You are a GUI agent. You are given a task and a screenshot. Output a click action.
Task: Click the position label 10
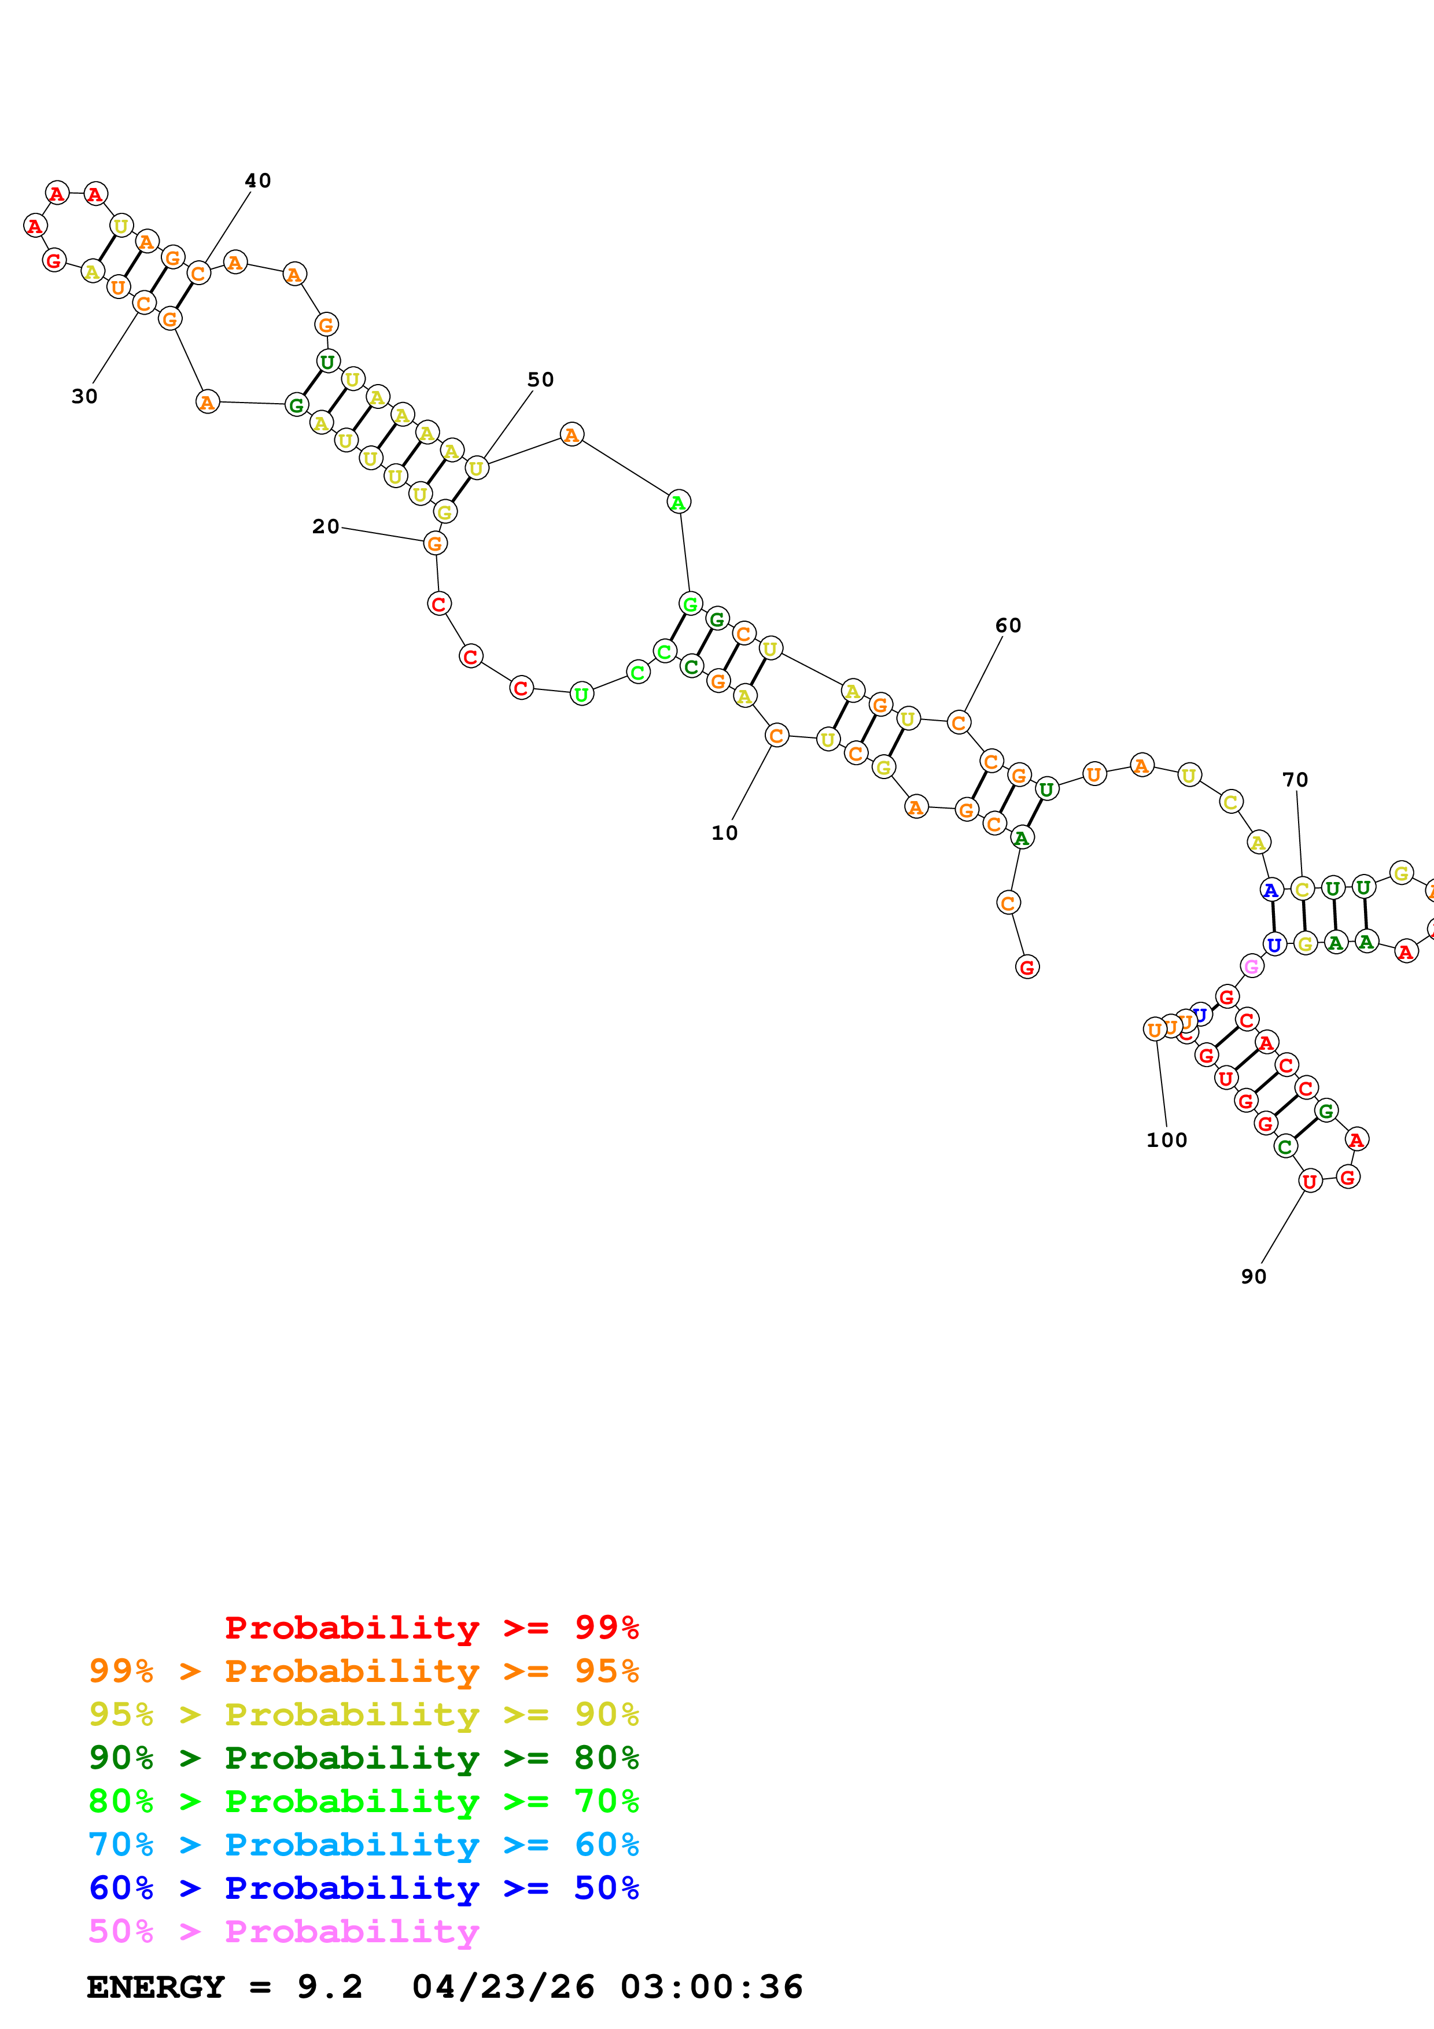(x=724, y=833)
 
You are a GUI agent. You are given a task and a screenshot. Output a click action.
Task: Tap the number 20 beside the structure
(x=325, y=527)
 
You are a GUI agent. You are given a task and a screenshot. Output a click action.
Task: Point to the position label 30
(x=84, y=397)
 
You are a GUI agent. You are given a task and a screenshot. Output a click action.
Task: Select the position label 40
(x=257, y=181)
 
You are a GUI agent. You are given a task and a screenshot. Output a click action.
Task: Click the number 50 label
(x=540, y=380)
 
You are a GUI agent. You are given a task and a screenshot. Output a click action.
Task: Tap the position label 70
(x=1295, y=780)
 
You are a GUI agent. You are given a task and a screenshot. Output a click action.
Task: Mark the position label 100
(x=1166, y=1141)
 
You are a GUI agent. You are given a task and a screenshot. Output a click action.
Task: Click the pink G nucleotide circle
(x=1251, y=966)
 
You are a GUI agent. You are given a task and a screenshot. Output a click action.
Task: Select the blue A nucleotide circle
(x=1270, y=890)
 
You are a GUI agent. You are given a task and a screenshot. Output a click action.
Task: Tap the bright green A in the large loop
(x=678, y=502)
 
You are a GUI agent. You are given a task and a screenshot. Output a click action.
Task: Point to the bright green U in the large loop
(x=581, y=695)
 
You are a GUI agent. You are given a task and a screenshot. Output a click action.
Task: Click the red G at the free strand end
(x=1027, y=968)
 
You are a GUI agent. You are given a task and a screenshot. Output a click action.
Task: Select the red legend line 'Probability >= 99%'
(x=431, y=1628)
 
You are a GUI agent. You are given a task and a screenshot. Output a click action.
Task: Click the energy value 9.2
(x=330, y=1987)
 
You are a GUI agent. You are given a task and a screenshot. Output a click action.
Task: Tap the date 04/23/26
(x=503, y=1987)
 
